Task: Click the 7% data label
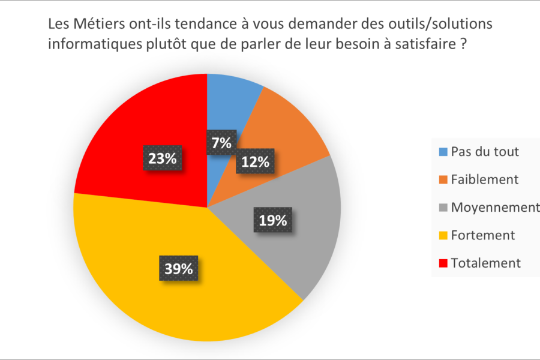pyautogui.click(x=221, y=143)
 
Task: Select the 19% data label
pyautogui.click(x=273, y=220)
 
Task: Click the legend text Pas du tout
pyautogui.click(x=485, y=152)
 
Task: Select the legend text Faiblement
pyautogui.click(x=484, y=179)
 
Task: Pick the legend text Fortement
pyautogui.click(x=483, y=235)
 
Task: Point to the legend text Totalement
pyautogui.click(x=486, y=263)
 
